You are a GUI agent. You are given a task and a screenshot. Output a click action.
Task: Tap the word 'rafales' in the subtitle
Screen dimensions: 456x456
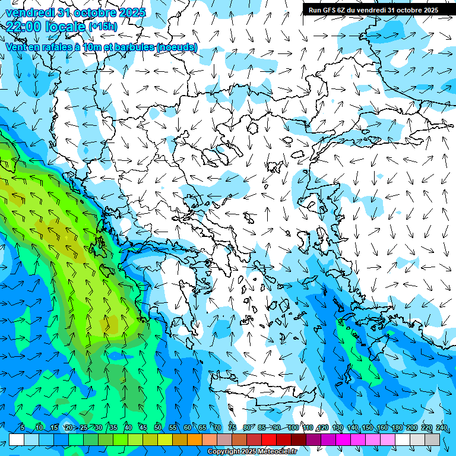click(57, 47)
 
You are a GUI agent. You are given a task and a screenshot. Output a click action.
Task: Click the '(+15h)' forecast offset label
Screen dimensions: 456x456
click(103, 26)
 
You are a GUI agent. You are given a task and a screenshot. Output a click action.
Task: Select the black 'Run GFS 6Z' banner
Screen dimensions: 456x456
click(373, 9)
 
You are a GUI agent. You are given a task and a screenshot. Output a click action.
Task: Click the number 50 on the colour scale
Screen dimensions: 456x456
click(158, 427)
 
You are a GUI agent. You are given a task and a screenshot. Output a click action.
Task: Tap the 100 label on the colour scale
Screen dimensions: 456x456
click(292, 427)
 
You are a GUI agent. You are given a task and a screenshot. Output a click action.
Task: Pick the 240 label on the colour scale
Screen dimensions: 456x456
click(441, 427)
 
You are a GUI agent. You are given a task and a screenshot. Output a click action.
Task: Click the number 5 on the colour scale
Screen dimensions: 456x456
click(22, 427)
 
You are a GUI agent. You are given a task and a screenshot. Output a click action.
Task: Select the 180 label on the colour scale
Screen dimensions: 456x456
click(396, 427)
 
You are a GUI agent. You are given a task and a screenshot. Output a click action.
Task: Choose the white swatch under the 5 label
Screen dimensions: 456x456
click(17, 439)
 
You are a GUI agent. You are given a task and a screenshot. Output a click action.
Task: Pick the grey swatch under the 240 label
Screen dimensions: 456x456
click(433, 439)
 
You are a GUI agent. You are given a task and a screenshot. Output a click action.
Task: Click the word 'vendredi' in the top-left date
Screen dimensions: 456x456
click(30, 12)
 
